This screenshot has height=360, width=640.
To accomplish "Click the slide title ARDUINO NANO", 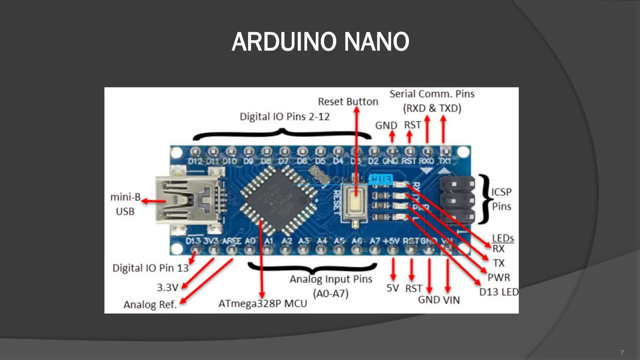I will (x=320, y=42).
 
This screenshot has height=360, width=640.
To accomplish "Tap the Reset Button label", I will (x=348, y=102).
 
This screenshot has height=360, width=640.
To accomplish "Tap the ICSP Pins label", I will (x=501, y=199).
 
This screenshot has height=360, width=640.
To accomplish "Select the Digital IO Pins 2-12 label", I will (x=284, y=117).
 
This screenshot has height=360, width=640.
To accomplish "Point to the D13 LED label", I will (x=499, y=292).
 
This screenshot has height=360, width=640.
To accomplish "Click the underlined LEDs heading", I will (x=503, y=238).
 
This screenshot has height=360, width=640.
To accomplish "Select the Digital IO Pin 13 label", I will (x=150, y=268).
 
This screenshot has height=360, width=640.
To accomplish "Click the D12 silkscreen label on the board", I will (x=195, y=162).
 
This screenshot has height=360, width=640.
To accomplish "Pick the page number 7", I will (x=622, y=353).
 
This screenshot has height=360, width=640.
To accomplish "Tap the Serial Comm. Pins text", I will (x=432, y=94).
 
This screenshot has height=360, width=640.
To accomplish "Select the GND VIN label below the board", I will (x=439, y=300).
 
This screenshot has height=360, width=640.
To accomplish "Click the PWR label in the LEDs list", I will (x=499, y=277).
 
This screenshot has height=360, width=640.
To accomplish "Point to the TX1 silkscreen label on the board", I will (x=445, y=161).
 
